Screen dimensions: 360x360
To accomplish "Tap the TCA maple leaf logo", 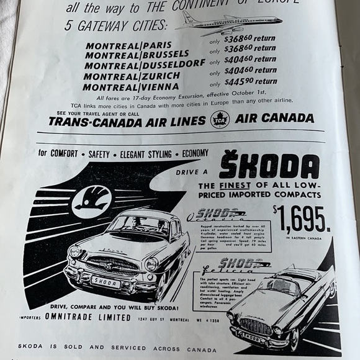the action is [x=220, y=119].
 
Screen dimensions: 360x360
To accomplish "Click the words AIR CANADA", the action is [x=274, y=118].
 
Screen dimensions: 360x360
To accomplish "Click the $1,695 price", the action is [x=302, y=218].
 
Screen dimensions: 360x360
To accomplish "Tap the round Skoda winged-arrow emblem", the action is [x=91, y=200].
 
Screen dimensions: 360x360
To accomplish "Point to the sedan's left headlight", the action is [x=75, y=251].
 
